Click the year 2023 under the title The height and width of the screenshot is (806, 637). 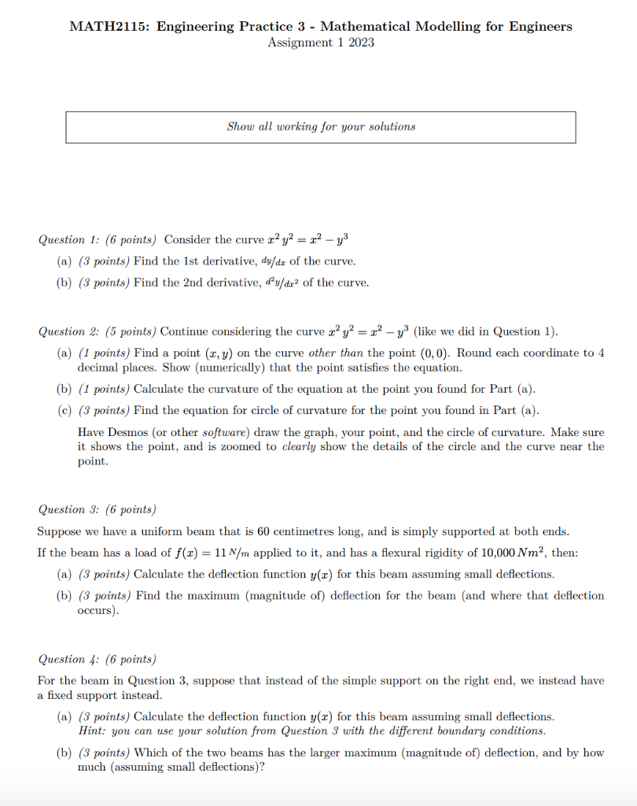click(x=360, y=43)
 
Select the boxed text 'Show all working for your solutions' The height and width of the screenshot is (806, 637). click(x=321, y=127)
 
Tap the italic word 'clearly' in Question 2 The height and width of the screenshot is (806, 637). click(x=299, y=446)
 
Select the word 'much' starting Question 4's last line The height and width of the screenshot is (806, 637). click(x=91, y=767)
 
